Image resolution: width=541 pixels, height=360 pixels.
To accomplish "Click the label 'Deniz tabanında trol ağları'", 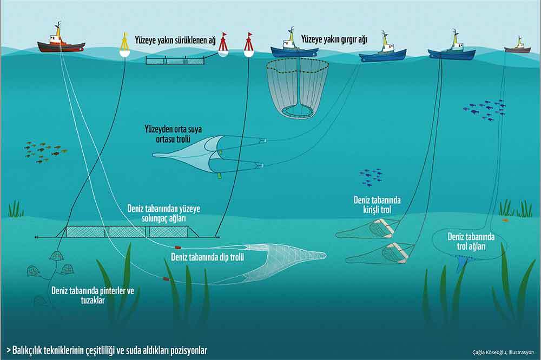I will click(471, 242).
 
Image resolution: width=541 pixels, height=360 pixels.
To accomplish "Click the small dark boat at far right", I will click(518, 48).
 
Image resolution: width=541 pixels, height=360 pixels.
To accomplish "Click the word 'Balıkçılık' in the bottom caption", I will click(30, 349).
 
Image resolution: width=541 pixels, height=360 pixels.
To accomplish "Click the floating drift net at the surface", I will click(175, 60).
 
